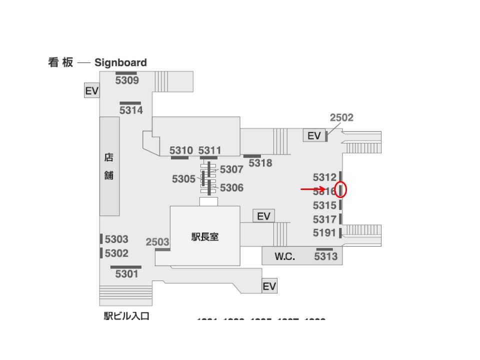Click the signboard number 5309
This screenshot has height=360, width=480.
[127, 80]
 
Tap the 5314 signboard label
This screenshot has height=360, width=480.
[131, 110]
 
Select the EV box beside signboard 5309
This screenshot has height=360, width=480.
[91, 91]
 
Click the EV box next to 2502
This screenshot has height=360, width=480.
[314, 135]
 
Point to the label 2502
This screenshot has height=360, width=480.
[341, 117]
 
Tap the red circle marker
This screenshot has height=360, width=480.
[340, 190]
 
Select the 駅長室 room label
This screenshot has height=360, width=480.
[205, 237]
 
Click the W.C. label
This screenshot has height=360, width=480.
[285, 257]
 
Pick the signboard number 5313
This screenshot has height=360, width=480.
[326, 257]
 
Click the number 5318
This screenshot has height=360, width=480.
[260, 163]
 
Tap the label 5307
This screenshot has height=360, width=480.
[231, 169]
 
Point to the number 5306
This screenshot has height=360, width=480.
[231, 188]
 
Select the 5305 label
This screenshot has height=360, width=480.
[183, 179]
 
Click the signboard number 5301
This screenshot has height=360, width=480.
[126, 274]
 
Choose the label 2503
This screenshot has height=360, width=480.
[157, 242]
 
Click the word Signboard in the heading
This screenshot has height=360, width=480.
[120, 62]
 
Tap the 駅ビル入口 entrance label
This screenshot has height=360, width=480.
[126, 316]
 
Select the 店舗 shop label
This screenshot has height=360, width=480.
[108, 166]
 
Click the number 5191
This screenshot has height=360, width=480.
[324, 232]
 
